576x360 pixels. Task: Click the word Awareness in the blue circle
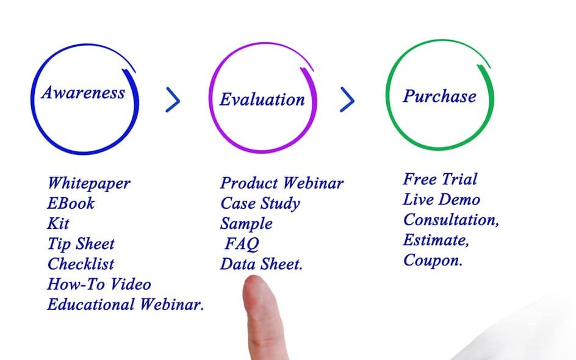pos(83,93)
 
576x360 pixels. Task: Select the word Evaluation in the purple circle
pos(262,99)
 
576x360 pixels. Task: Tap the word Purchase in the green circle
pos(439,96)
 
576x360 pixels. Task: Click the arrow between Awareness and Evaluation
pos(173,99)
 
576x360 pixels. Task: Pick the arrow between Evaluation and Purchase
pos(348,99)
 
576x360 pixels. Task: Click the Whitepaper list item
pos(89,184)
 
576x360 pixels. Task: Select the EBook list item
pos(71,204)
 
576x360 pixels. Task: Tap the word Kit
pos(59,223)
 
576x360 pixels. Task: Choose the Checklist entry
pos(81,264)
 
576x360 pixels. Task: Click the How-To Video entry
pos(99,284)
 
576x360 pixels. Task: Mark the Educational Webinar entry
pos(126,304)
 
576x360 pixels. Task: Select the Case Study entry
pos(260,204)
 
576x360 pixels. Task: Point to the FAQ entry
pos(242,244)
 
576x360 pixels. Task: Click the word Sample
pos(247,224)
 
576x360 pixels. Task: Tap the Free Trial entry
pos(440,179)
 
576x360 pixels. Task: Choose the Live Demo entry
pos(442,200)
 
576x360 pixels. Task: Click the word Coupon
pos(433,261)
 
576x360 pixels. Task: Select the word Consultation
pos(451,220)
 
